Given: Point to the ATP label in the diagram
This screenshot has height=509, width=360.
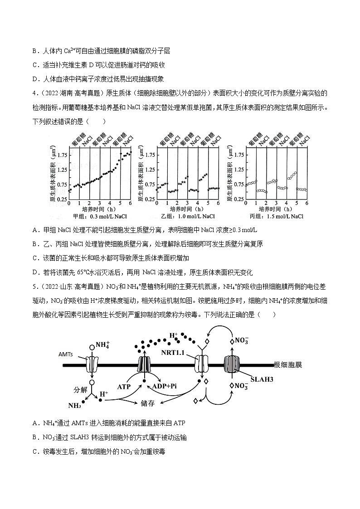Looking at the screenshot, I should [x=124, y=387].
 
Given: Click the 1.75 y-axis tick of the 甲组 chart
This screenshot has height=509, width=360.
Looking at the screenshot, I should [x=62, y=155].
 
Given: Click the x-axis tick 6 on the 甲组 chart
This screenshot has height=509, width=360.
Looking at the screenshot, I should [x=131, y=204].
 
